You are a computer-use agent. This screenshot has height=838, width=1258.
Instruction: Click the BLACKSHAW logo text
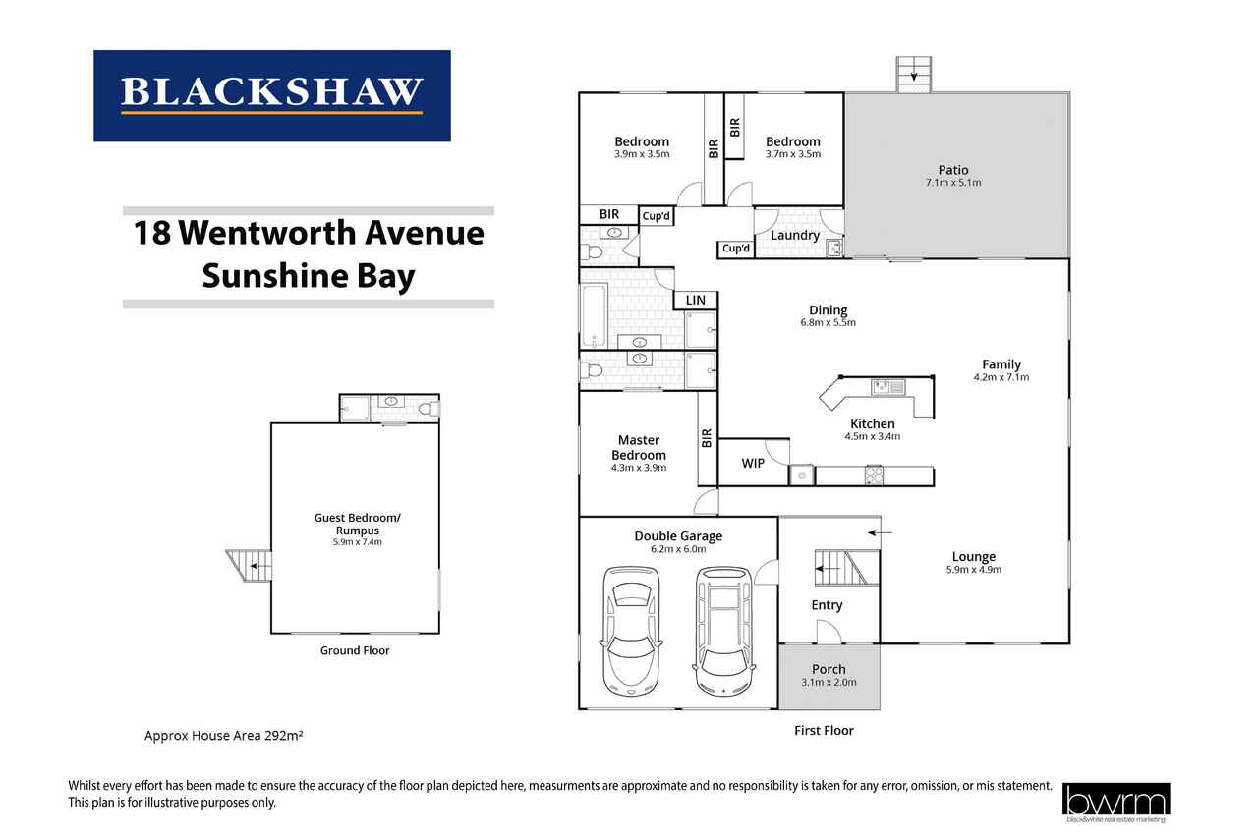coord(271,91)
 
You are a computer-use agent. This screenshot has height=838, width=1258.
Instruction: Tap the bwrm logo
coord(1115,803)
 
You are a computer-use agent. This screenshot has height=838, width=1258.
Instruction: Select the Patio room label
coord(953,170)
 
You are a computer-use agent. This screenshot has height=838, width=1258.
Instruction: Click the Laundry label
coord(795,235)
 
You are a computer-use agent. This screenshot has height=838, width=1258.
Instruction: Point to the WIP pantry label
coord(753,463)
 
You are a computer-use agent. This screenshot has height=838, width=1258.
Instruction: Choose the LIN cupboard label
coord(695,301)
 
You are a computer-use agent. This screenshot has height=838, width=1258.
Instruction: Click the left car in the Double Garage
coord(631,631)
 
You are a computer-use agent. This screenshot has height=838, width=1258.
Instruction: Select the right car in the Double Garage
coord(724,631)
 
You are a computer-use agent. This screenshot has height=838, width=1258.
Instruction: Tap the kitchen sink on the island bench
coord(887,387)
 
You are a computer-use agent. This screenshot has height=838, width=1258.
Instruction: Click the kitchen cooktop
coord(874,475)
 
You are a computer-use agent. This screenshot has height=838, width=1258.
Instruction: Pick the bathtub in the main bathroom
coord(595,315)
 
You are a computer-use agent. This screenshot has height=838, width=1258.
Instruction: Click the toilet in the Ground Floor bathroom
coord(429,408)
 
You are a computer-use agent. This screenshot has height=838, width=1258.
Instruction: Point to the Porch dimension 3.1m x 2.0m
coord(829,683)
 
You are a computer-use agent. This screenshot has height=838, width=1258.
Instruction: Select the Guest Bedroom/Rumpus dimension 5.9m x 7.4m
coord(357,542)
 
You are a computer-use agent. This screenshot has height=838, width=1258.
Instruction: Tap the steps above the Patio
coord(914,74)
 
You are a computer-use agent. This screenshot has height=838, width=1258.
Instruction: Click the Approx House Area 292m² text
coord(223,735)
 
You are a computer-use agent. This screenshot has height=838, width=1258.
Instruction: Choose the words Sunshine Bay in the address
coord(309,276)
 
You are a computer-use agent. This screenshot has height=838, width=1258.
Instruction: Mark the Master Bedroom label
coord(639,447)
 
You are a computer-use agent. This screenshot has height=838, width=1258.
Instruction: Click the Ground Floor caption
coord(355,650)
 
